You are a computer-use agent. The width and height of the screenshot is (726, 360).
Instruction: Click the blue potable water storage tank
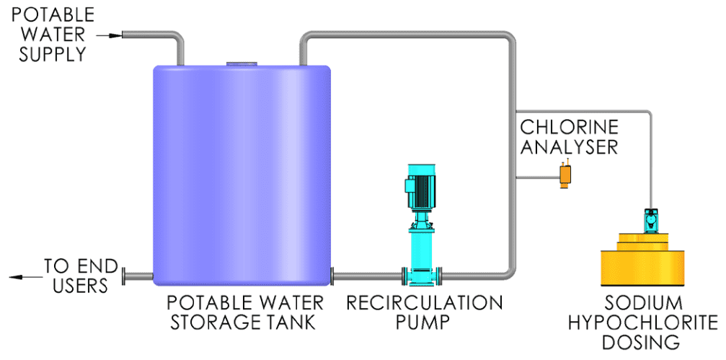pos(242,175)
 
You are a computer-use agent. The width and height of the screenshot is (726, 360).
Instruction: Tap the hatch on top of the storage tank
pos(242,64)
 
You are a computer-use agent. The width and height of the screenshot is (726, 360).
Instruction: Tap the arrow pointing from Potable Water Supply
pos(110,35)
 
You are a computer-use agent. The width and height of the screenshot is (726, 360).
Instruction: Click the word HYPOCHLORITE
pos(642,322)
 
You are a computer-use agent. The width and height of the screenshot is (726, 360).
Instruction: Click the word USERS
pos(80,286)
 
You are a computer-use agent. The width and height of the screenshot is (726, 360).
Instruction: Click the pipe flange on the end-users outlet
pos(123,276)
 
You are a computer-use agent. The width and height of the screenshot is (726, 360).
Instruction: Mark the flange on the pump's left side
pos(404,276)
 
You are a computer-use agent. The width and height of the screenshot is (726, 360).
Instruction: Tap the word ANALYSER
pos(569,146)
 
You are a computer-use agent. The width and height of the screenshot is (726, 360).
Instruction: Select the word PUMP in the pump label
pos(424,322)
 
